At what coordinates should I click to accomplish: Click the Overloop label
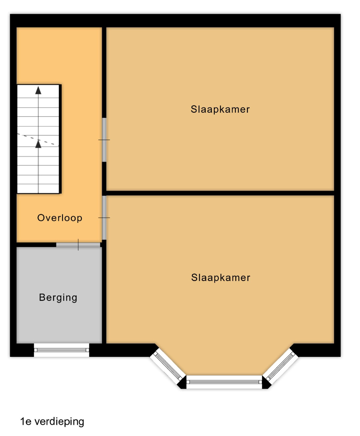[60, 218]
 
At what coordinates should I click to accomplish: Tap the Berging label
[58, 298]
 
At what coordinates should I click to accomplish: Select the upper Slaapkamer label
[220, 109]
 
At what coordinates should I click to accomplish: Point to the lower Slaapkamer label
[221, 277]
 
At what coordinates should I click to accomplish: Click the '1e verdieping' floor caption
[52, 421]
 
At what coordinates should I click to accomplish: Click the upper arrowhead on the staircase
[38, 90]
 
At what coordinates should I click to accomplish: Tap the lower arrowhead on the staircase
[38, 143]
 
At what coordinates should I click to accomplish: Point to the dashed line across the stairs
[38, 140]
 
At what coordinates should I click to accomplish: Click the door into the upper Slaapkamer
[104, 140]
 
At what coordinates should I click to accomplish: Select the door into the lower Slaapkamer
[104, 218]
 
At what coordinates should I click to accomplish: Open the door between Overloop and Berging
[78, 245]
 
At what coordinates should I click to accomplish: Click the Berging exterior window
[61, 350]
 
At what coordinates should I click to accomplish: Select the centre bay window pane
[224, 382]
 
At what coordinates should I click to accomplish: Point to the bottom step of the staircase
[38, 189]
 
